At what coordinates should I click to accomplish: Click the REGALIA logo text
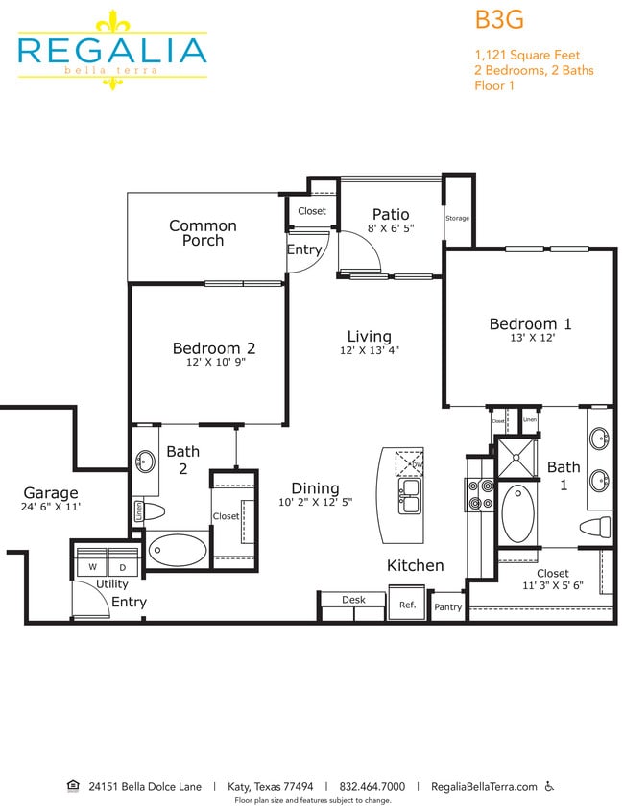[x=112, y=50]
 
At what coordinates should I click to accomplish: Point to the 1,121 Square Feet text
[x=527, y=55]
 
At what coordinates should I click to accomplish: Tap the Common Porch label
[x=203, y=232]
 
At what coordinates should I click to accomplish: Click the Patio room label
[x=390, y=214]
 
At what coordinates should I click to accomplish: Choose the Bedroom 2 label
[x=214, y=347]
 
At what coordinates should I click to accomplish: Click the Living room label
[x=370, y=336]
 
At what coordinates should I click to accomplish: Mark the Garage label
[x=50, y=492]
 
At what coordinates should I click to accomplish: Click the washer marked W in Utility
[x=92, y=566]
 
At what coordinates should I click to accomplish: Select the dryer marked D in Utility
[x=123, y=566]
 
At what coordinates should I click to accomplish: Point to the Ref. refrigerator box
[x=407, y=604]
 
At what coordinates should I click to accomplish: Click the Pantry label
[x=447, y=606]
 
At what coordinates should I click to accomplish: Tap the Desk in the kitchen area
[x=353, y=600]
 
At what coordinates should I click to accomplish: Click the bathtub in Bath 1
[x=519, y=513]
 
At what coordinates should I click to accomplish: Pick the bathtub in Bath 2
[x=178, y=551]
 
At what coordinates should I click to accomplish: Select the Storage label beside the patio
[x=457, y=218]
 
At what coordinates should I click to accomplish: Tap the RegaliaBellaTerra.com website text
[x=484, y=786]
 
